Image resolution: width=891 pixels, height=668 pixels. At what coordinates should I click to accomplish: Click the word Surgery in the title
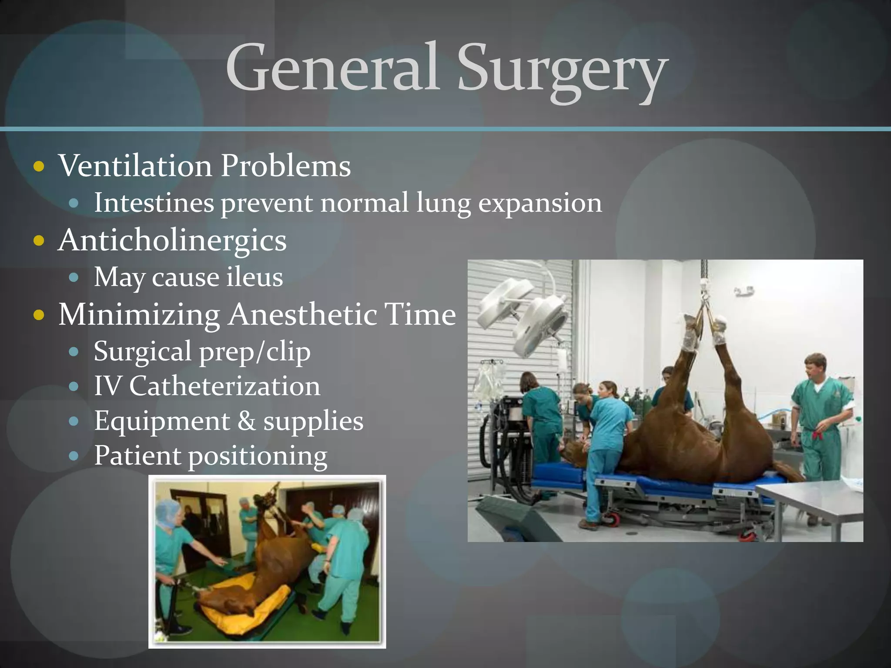point(561,70)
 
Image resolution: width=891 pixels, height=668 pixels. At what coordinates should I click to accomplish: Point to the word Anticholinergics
point(172,240)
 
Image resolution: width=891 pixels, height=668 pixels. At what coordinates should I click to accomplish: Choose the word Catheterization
point(224,386)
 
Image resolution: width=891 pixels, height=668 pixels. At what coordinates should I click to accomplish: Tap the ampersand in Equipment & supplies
point(246,421)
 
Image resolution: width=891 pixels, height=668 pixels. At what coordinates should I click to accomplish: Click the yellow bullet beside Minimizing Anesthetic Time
point(39,315)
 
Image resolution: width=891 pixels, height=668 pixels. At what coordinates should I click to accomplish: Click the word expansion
point(540,204)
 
